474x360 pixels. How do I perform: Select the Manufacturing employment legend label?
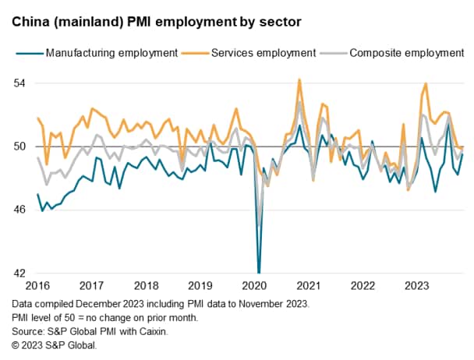coord(111,54)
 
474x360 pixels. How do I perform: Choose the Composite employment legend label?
coord(406,54)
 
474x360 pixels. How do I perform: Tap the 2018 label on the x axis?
coord(147,286)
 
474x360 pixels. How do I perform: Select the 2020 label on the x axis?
coord(257,286)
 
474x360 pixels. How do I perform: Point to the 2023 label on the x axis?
coord(422,286)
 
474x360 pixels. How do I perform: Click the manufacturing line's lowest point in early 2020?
coord(259,272)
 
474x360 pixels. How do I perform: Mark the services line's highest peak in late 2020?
coord(299,79)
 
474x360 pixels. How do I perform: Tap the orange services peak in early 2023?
coord(426,84)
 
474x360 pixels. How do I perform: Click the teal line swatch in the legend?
coord(28,54)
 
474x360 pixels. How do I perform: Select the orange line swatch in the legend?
coord(190,54)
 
